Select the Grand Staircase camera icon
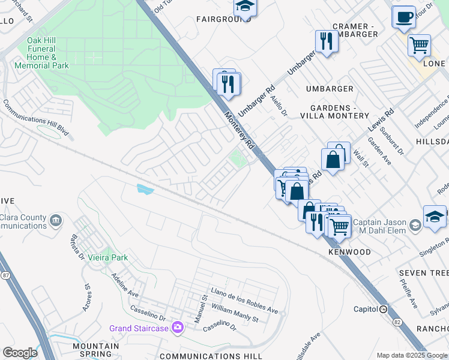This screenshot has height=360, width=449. (178, 328)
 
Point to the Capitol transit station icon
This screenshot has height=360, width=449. (383, 309)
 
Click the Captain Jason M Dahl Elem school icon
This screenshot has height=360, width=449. (415, 226)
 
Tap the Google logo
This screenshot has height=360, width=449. (20, 353)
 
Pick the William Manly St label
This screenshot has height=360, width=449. (234, 313)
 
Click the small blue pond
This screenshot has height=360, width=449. (145, 190)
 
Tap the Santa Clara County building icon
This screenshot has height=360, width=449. (56, 220)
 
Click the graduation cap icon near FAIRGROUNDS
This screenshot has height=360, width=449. (245, 5)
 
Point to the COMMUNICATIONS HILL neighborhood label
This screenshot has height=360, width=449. (220, 356)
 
